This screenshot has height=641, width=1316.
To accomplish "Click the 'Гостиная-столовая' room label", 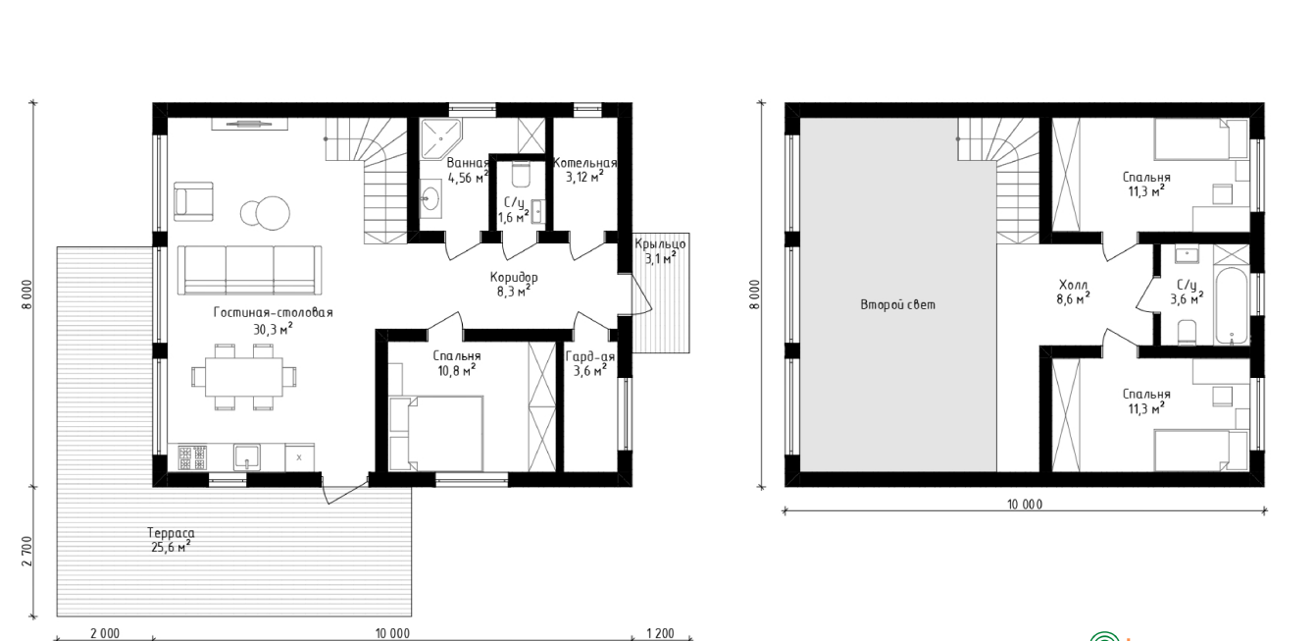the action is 274,312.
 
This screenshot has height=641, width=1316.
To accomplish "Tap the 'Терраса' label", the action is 171,533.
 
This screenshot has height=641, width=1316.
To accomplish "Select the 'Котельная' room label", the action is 585,163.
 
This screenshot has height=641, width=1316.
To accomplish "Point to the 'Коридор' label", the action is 514,277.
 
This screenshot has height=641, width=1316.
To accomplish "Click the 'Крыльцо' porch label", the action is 660,243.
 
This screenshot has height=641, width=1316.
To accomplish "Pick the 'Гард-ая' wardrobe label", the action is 590,356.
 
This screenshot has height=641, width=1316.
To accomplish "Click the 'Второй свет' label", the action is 897,304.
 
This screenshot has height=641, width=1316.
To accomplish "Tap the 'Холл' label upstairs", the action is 1074,286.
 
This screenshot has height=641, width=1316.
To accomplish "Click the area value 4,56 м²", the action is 468,177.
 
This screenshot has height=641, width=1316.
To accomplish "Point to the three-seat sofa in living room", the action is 250,270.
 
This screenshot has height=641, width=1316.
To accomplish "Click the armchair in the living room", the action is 193,201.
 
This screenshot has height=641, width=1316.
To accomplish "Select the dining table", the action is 244,376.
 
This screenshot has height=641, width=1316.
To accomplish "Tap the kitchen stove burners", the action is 192,457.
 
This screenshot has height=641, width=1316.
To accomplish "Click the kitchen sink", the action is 247,457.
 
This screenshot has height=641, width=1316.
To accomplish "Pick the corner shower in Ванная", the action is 440,138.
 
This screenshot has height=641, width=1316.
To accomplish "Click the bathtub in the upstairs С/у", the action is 1231,306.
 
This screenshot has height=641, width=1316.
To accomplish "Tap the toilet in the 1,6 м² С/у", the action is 521,175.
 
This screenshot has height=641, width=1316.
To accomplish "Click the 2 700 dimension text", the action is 27,551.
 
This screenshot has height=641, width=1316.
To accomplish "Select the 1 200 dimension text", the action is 660,633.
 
